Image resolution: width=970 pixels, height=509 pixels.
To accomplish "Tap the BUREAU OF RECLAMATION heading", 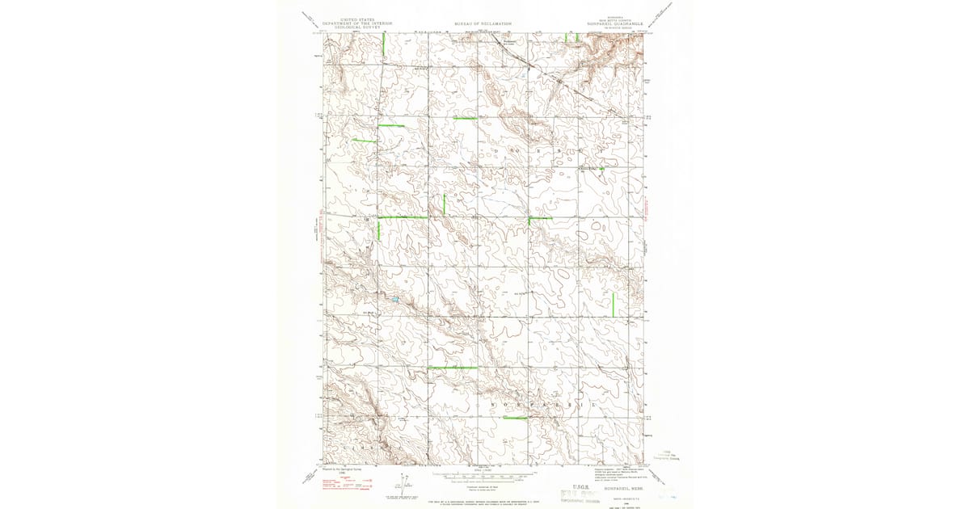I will (x=483, y=24).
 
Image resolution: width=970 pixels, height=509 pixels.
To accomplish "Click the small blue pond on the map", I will (x=395, y=300).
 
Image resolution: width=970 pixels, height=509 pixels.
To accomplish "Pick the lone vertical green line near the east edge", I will (x=614, y=304).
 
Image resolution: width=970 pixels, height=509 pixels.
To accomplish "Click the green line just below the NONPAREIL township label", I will (x=514, y=418).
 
